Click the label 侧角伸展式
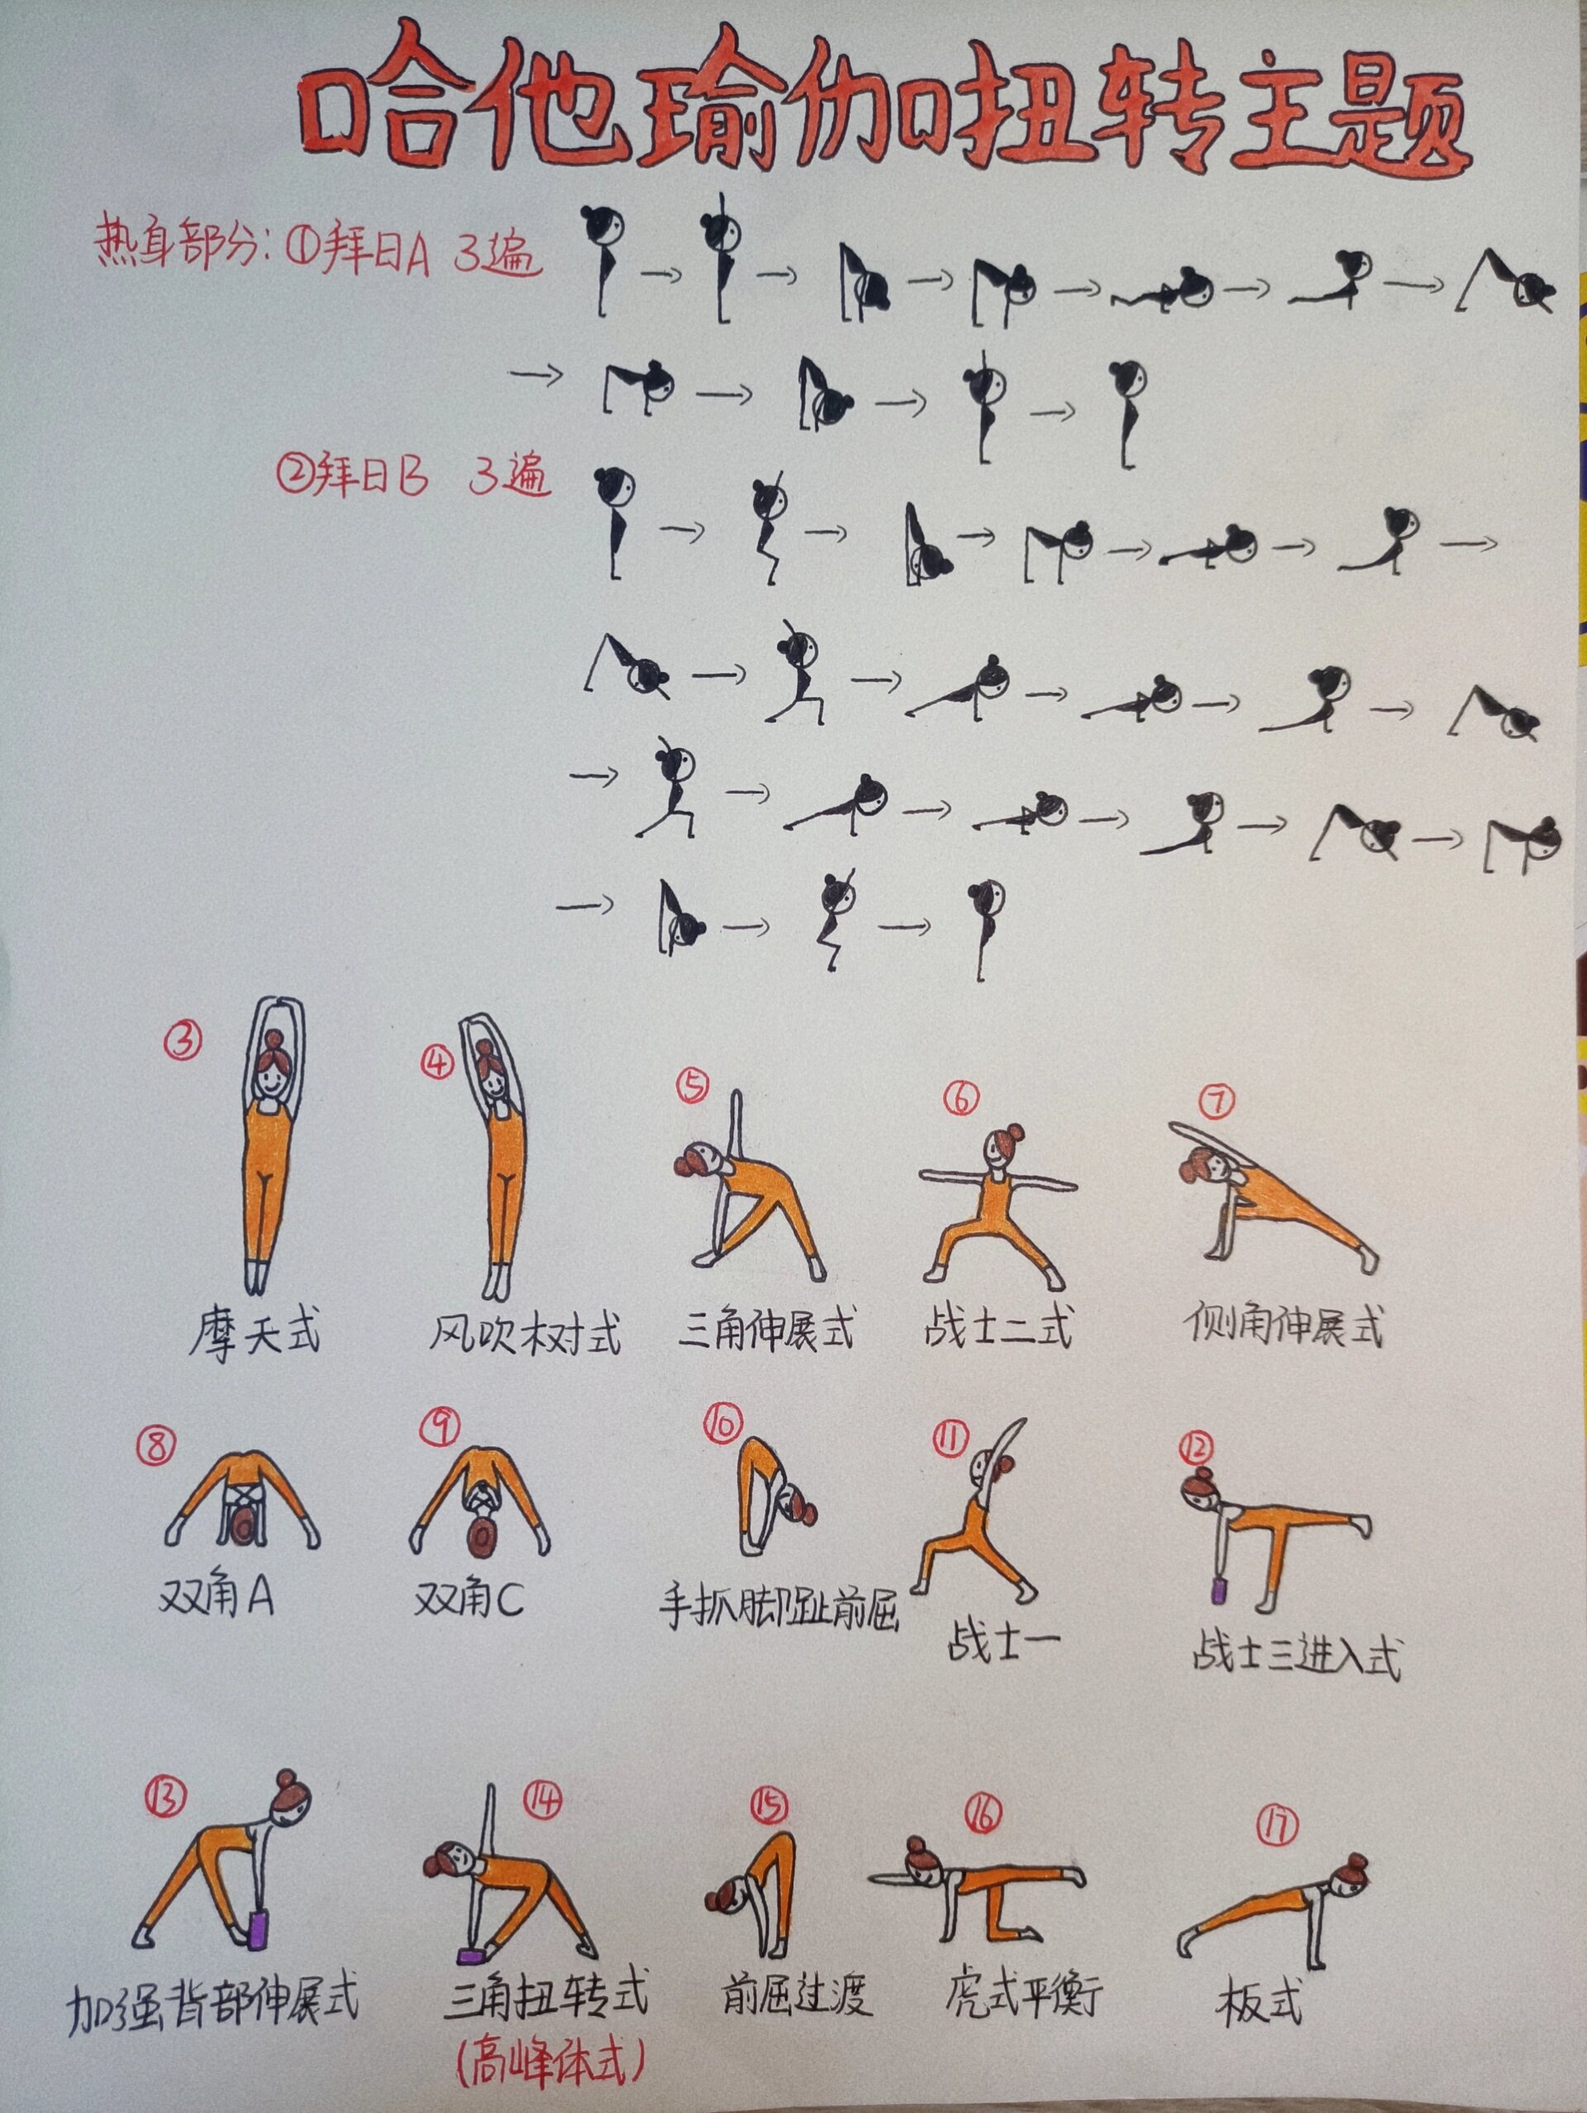(1284, 1325)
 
